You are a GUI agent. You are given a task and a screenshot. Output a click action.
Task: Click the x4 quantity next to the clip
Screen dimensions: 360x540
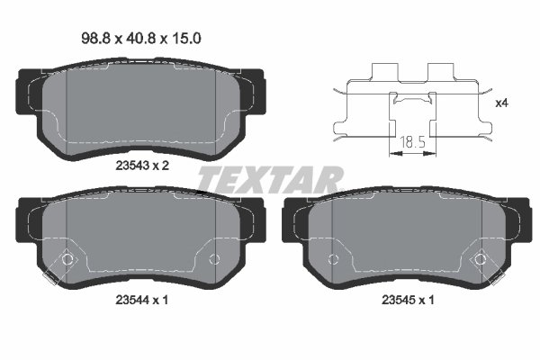(x=501, y=103)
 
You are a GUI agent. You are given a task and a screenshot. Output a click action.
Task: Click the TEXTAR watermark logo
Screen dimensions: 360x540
(x=270, y=180)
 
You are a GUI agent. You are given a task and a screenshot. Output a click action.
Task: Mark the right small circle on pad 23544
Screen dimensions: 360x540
(x=213, y=259)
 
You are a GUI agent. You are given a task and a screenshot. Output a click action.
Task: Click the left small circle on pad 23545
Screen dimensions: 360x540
(x=333, y=259)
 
